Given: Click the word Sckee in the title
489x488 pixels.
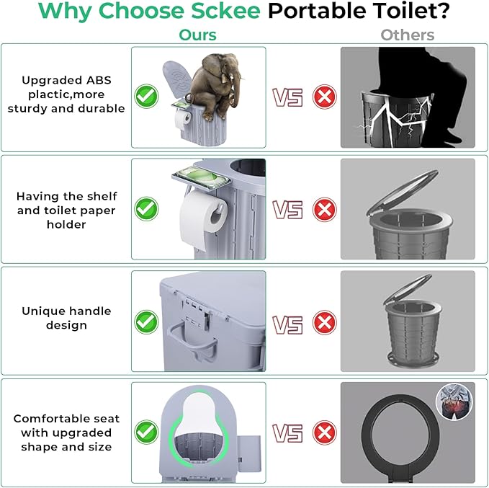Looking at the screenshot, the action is [225, 10].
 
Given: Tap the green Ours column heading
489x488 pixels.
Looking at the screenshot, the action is [198, 35].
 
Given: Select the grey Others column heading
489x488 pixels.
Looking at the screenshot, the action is [408, 35].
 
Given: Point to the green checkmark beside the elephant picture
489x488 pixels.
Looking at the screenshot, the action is [146, 96].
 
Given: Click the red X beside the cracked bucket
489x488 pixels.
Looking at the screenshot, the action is [325, 97].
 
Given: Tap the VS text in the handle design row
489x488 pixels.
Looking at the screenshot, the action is [287, 324].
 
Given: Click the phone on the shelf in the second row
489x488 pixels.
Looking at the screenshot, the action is [202, 177].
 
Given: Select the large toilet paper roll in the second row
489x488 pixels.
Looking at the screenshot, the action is [202, 218].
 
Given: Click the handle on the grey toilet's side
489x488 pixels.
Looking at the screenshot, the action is [192, 340].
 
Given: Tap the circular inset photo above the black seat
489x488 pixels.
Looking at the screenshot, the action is [454, 402].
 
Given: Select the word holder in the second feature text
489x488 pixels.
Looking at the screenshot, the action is [66, 224].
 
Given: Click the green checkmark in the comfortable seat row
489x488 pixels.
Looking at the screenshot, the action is [146, 432].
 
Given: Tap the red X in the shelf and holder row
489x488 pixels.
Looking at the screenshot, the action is [325, 210].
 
